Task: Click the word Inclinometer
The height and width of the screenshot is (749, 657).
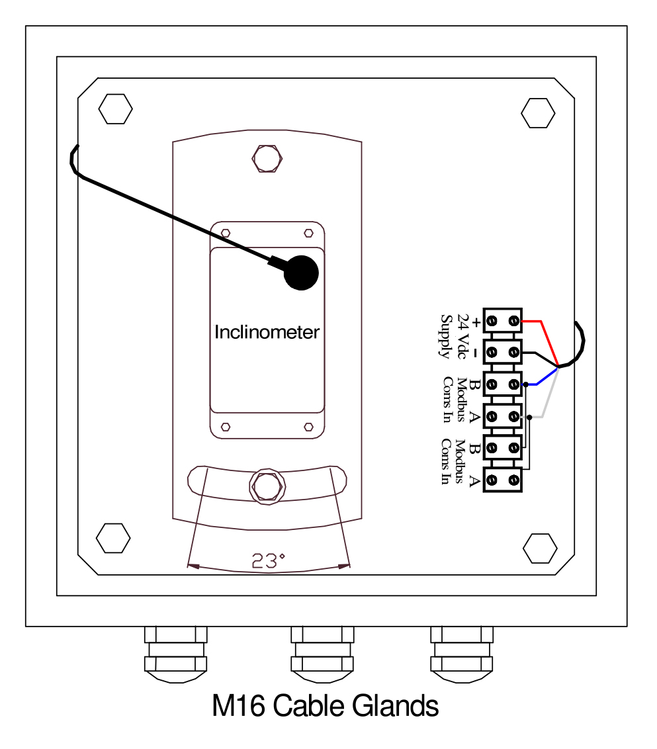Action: pyautogui.click(x=267, y=332)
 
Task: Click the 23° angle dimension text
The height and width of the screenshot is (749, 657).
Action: pyautogui.click(x=268, y=561)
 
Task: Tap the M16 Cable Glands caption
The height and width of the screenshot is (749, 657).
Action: pyautogui.click(x=325, y=707)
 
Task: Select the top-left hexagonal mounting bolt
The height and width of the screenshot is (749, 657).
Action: pyautogui.click(x=116, y=109)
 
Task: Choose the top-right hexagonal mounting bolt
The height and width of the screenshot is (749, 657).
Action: pyautogui.click(x=538, y=113)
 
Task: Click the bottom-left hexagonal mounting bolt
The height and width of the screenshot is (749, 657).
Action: pyautogui.click(x=113, y=539)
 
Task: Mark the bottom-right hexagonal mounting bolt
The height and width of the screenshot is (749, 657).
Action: pyautogui.click(x=540, y=549)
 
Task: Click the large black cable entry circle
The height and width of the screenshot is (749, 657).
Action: pyautogui.click(x=301, y=273)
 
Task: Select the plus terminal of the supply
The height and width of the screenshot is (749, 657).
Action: pyautogui.click(x=503, y=322)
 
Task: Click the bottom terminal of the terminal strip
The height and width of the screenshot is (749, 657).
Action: pyautogui.click(x=503, y=479)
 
